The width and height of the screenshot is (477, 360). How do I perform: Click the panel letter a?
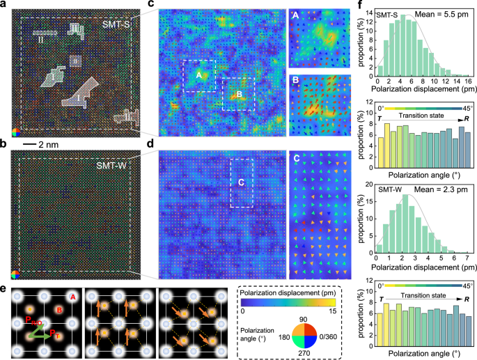click(4, 6)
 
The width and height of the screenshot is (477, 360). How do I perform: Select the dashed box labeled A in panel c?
click(198, 76)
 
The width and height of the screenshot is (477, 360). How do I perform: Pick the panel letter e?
click(4, 288)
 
